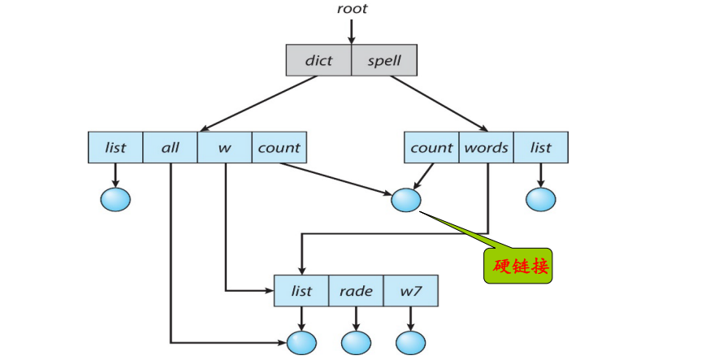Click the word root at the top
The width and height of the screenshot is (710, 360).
(352, 9)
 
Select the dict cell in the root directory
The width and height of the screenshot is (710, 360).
(319, 59)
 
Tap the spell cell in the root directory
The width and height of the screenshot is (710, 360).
(384, 59)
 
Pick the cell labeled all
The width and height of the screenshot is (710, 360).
(171, 147)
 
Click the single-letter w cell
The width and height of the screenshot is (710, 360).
(224, 147)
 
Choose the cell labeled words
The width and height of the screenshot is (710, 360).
(486, 147)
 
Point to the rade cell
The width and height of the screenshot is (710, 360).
(355, 291)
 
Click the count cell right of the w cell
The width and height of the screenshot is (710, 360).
(279, 147)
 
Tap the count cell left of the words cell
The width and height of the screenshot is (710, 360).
(431, 147)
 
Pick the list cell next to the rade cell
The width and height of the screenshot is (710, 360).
(301, 291)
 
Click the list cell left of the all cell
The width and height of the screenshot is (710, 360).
(115, 147)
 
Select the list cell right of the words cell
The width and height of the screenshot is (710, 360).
(540, 147)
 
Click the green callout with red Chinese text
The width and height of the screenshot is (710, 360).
(518, 266)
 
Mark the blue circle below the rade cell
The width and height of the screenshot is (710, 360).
(355, 341)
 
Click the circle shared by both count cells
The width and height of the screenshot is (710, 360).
(405, 199)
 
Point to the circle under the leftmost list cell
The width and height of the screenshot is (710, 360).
(115, 198)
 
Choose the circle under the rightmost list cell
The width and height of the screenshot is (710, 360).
(540, 198)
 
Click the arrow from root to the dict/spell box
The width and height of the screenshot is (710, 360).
(352, 30)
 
